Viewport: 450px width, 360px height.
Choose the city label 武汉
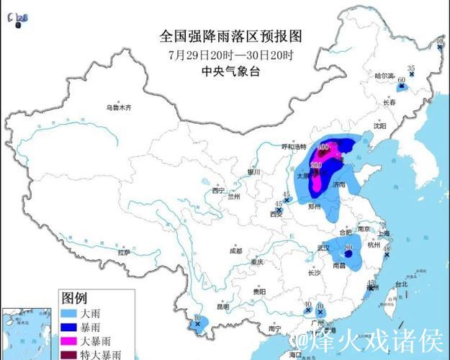(320, 248)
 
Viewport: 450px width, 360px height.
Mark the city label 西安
(276, 214)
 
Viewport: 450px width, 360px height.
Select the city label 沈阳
(380, 125)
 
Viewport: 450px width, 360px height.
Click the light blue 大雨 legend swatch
(71, 314)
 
